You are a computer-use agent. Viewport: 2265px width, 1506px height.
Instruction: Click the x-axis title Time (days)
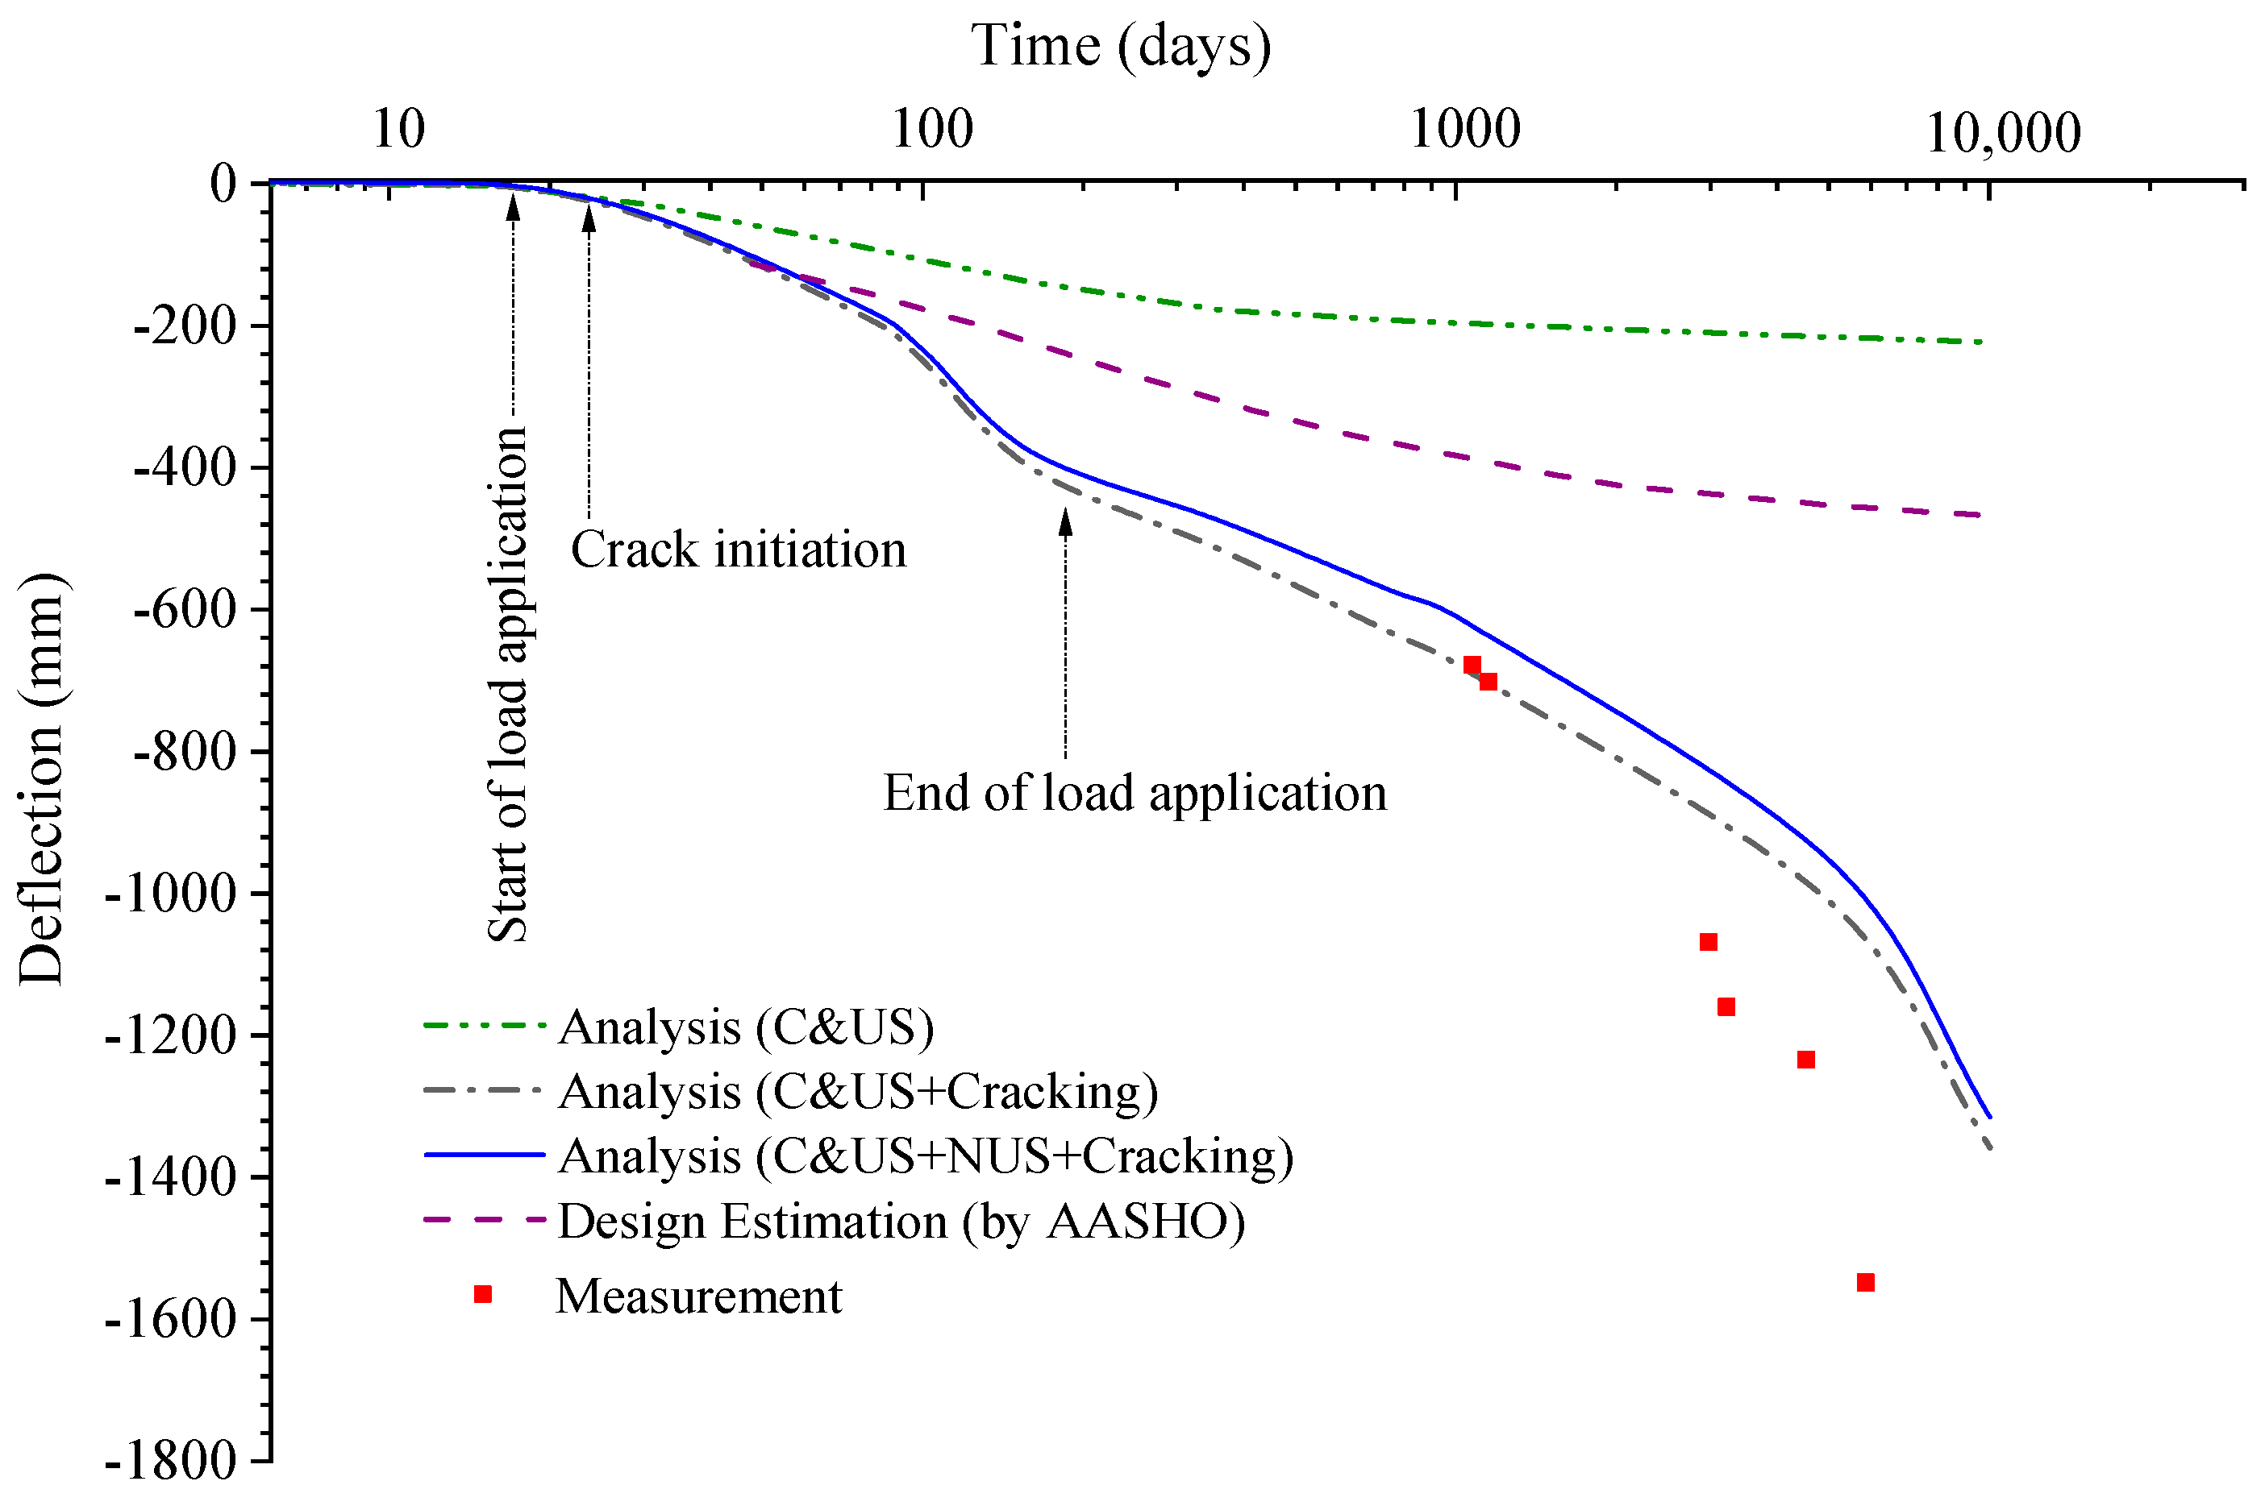point(1121,46)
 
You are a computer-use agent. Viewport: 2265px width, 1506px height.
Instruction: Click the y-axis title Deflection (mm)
point(40,779)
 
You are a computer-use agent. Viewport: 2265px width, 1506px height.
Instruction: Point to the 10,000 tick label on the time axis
point(2003,132)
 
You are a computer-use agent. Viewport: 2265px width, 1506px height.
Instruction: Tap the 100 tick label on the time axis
point(932,130)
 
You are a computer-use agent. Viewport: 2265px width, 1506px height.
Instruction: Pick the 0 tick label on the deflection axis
point(223,182)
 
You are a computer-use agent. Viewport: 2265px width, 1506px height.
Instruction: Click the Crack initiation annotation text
point(738,550)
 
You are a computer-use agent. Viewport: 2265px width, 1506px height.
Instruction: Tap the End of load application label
point(1135,794)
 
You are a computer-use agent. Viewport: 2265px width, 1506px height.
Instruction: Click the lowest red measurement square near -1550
point(1865,1282)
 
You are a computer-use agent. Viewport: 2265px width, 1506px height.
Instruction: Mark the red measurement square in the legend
point(482,1295)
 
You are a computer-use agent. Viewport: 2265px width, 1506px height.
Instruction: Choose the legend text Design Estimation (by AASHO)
point(901,1222)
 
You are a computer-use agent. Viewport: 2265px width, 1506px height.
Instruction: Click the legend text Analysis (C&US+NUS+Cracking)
point(926,1155)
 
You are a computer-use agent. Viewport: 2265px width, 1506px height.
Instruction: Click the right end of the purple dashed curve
point(1980,516)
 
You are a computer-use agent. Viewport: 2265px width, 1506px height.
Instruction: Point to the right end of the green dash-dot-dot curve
point(1980,342)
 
